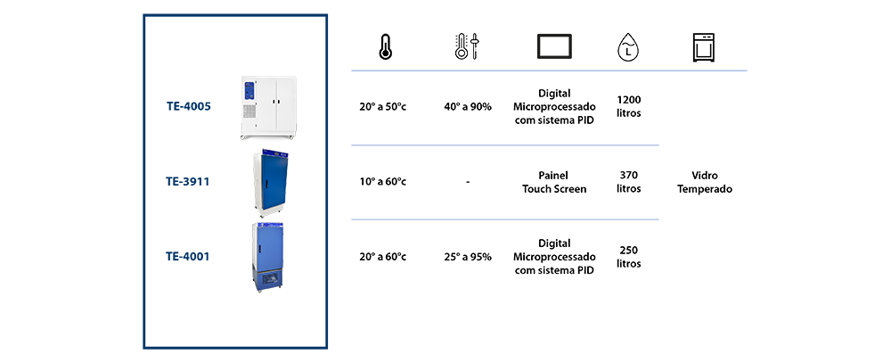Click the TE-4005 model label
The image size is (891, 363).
pyautogui.click(x=189, y=106)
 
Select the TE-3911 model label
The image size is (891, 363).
pyautogui.click(x=187, y=182)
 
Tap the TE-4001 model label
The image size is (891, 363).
pyautogui.click(x=187, y=257)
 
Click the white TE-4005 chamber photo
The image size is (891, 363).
pyautogui.click(x=267, y=108)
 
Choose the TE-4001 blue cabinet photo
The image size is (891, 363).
pyautogui.click(x=267, y=257)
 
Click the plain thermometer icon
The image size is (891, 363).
pyautogui.click(x=385, y=47)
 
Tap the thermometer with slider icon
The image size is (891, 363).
pyautogui.click(x=469, y=47)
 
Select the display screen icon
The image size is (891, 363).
pyautogui.click(x=554, y=46)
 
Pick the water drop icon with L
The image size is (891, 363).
pyautogui.click(x=627, y=47)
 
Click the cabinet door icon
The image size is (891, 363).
pyautogui.click(x=704, y=47)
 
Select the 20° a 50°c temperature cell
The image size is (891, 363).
pyautogui.click(x=383, y=106)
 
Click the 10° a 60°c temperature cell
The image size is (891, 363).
pyautogui.click(x=383, y=182)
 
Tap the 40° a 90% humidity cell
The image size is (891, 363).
pyautogui.click(x=468, y=106)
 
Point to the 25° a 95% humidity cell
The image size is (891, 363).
pyautogui.click(x=468, y=257)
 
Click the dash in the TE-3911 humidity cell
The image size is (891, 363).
pyautogui.click(x=468, y=182)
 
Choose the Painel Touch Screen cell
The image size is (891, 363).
pyautogui.click(x=554, y=182)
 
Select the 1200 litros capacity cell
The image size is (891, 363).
pyautogui.click(x=628, y=106)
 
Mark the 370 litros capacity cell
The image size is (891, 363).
pyautogui.click(x=628, y=182)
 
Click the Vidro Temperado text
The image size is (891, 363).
pyautogui.click(x=705, y=183)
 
